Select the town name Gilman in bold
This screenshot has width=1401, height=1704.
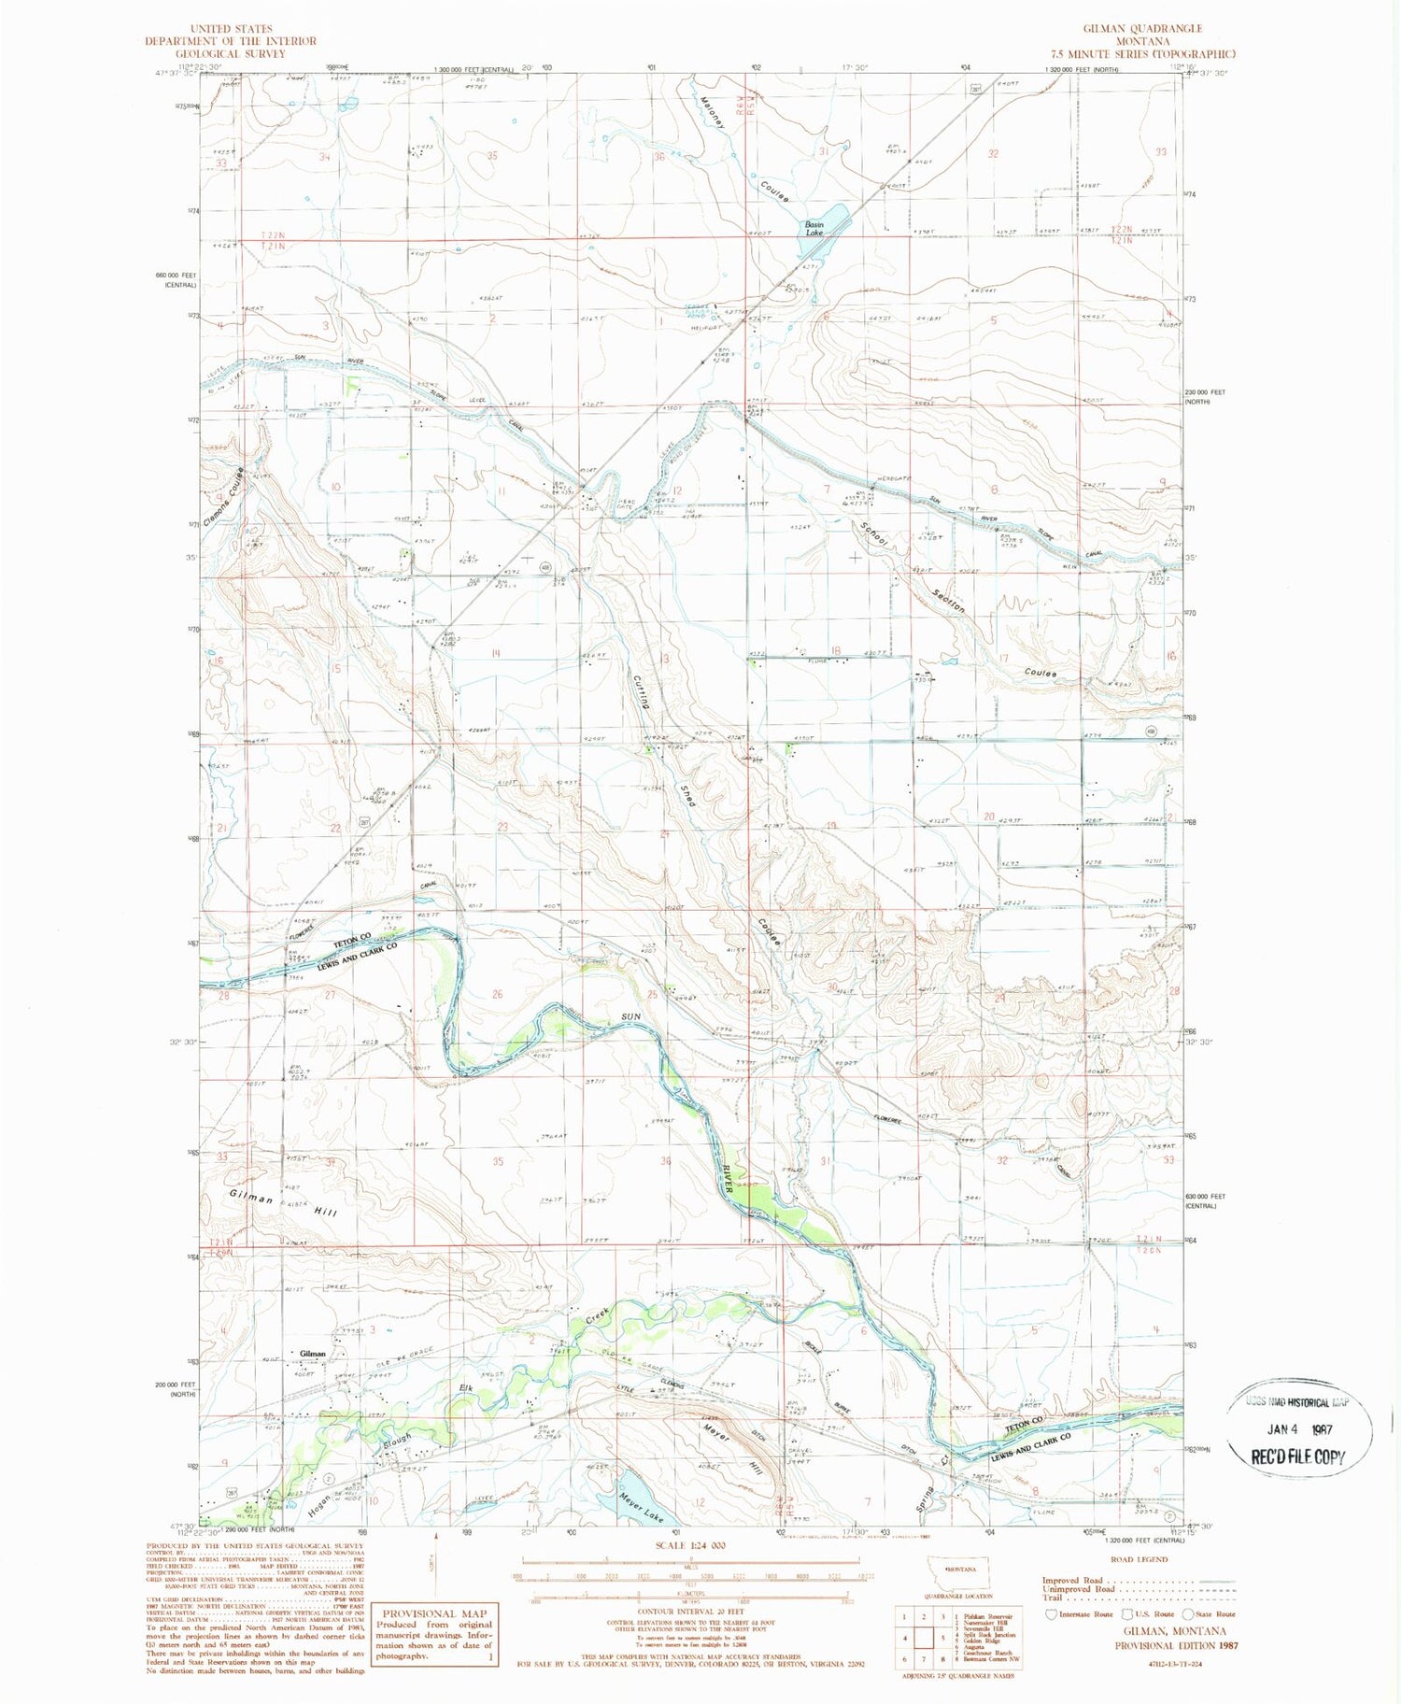(x=313, y=1354)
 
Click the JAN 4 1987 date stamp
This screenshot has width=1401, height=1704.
(x=1298, y=1428)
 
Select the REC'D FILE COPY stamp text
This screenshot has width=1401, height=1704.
(x=1299, y=1456)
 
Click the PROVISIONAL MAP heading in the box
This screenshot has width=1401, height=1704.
(x=434, y=1613)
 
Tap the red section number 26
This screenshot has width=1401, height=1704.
(x=497, y=994)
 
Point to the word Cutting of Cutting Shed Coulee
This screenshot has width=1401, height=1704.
(x=642, y=691)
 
